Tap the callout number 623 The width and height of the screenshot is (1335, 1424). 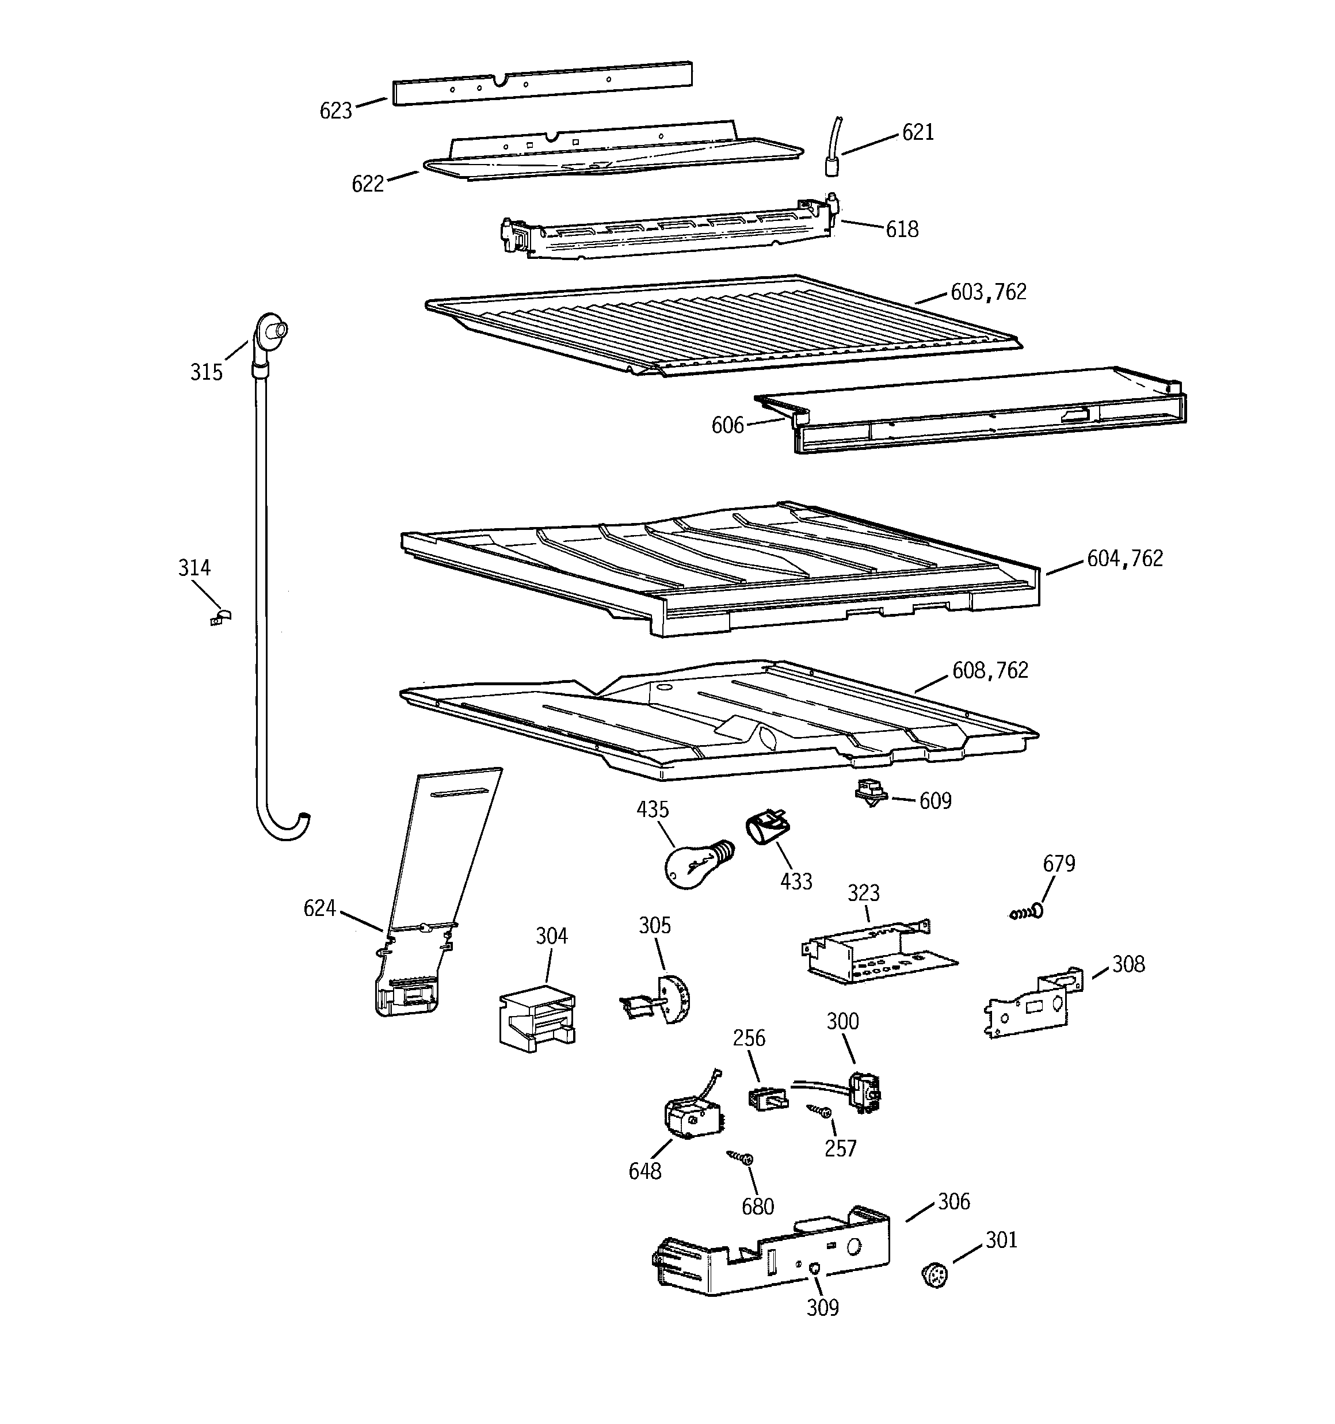[x=335, y=110]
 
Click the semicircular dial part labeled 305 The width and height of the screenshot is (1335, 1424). [x=674, y=998]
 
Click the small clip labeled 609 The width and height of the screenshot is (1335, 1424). [x=871, y=793]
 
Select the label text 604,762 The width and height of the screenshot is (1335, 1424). [x=1124, y=559]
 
